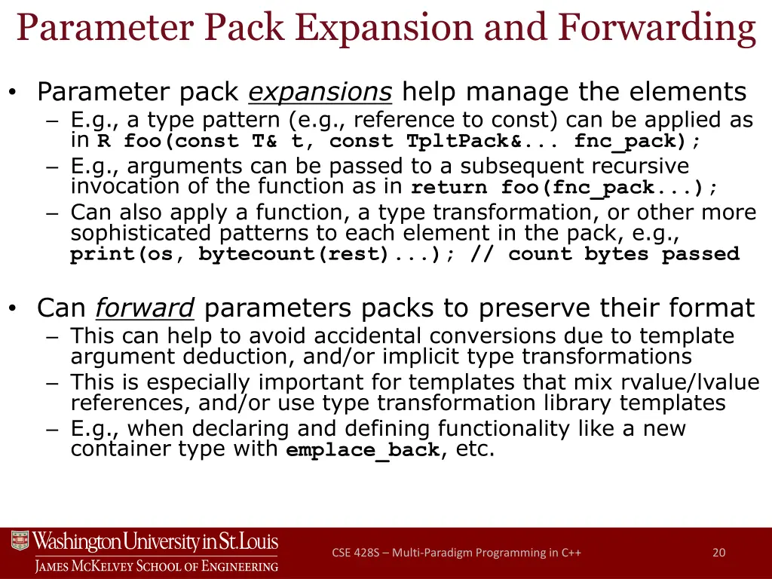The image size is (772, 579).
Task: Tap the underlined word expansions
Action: click(x=320, y=93)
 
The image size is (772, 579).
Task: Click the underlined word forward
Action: click(x=146, y=308)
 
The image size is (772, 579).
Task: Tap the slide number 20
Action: click(x=718, y=553)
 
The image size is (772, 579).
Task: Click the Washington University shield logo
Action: click(x=20, y=541)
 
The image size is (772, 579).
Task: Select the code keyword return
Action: click(x=449, y=188)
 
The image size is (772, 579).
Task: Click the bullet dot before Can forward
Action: click(x=13, y=308)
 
